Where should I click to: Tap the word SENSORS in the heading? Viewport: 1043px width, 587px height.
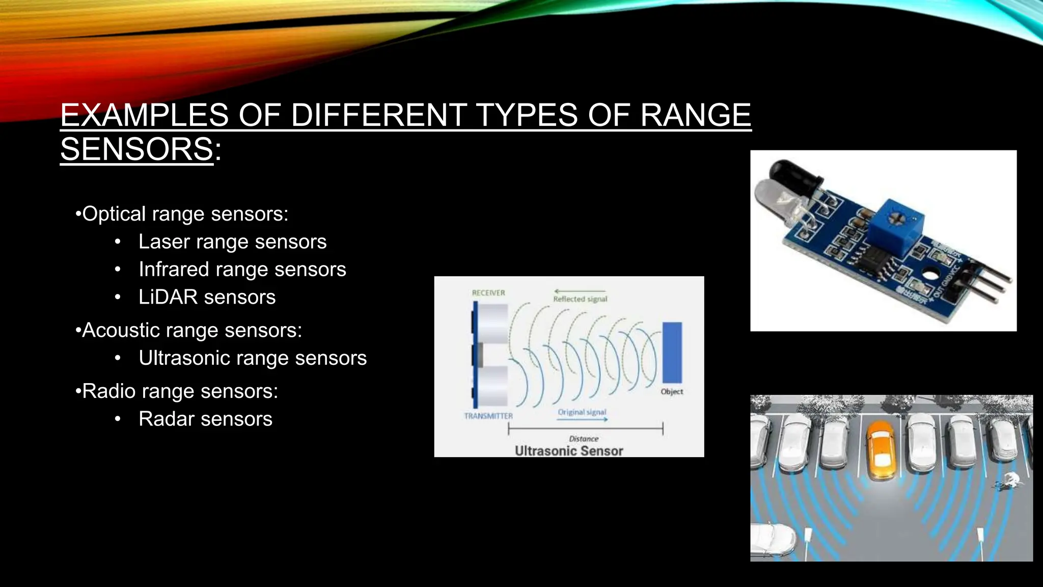[x=136, y=149]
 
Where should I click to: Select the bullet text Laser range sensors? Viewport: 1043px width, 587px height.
[x=232, y=242]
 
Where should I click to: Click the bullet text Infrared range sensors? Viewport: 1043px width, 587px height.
[x=242, y=270]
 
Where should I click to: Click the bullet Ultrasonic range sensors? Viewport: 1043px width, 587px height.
[x=252, y=358]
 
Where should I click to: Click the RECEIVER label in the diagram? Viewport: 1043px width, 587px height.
[x=488, y=293]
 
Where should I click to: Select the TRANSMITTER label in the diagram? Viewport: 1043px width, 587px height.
[x=488, y=416]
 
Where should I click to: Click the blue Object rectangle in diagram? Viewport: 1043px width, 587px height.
[x=672, y=353]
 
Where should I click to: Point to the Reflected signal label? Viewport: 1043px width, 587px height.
[x=580, y=299]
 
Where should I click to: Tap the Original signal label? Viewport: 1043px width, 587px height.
[x=582, y=412]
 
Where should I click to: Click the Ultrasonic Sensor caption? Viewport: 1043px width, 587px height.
[x=569, y=451]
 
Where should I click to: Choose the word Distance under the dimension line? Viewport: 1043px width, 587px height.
[x=584, y=439]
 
